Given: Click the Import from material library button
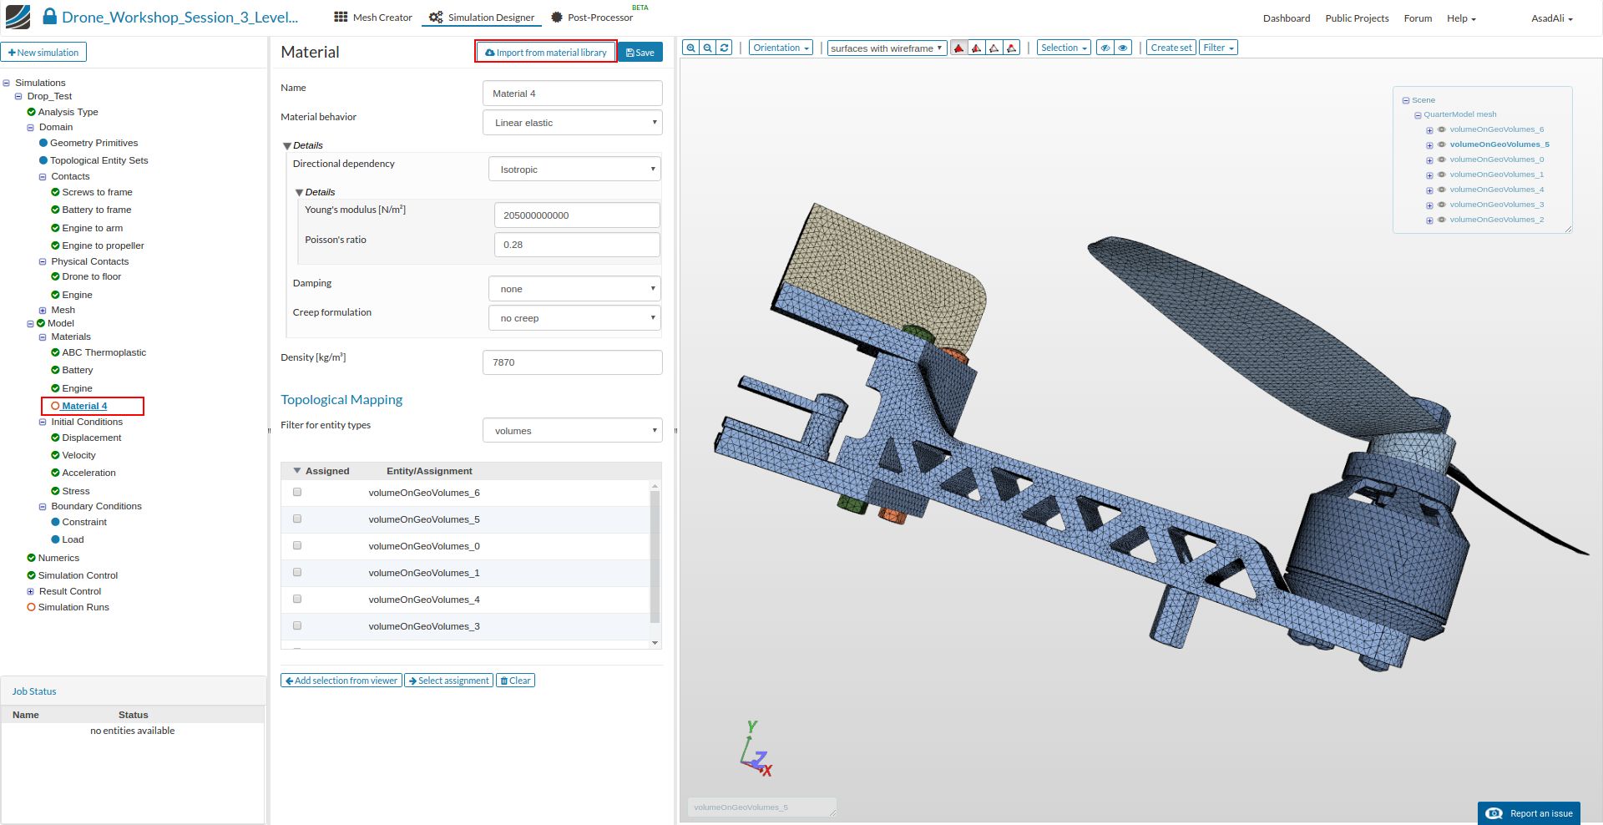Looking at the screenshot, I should pos(546,52).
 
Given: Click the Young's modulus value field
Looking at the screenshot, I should pos(576,215).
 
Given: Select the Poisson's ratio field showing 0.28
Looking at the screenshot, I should pos(576,245).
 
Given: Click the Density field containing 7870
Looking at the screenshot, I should pos(572,362).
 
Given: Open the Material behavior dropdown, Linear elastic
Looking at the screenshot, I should pos(572,123).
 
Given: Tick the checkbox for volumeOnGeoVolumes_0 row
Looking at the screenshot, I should pos(297,546).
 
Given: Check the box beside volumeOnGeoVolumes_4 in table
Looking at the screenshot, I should pos(297,600).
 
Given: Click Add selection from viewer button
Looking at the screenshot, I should pos(341,681).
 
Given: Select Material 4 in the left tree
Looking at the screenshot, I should pos(84,406).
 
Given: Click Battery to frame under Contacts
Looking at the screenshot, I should pos(96,210).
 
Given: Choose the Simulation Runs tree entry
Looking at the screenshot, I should pos(73,607).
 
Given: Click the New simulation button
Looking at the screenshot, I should pos(43,53).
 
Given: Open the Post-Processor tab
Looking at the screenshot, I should pos(599,18).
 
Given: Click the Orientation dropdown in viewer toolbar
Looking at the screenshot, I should pos(781,48).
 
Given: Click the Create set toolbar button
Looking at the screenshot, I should pos(1171,48).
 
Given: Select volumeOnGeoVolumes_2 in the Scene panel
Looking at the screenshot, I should pos(1496,220).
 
